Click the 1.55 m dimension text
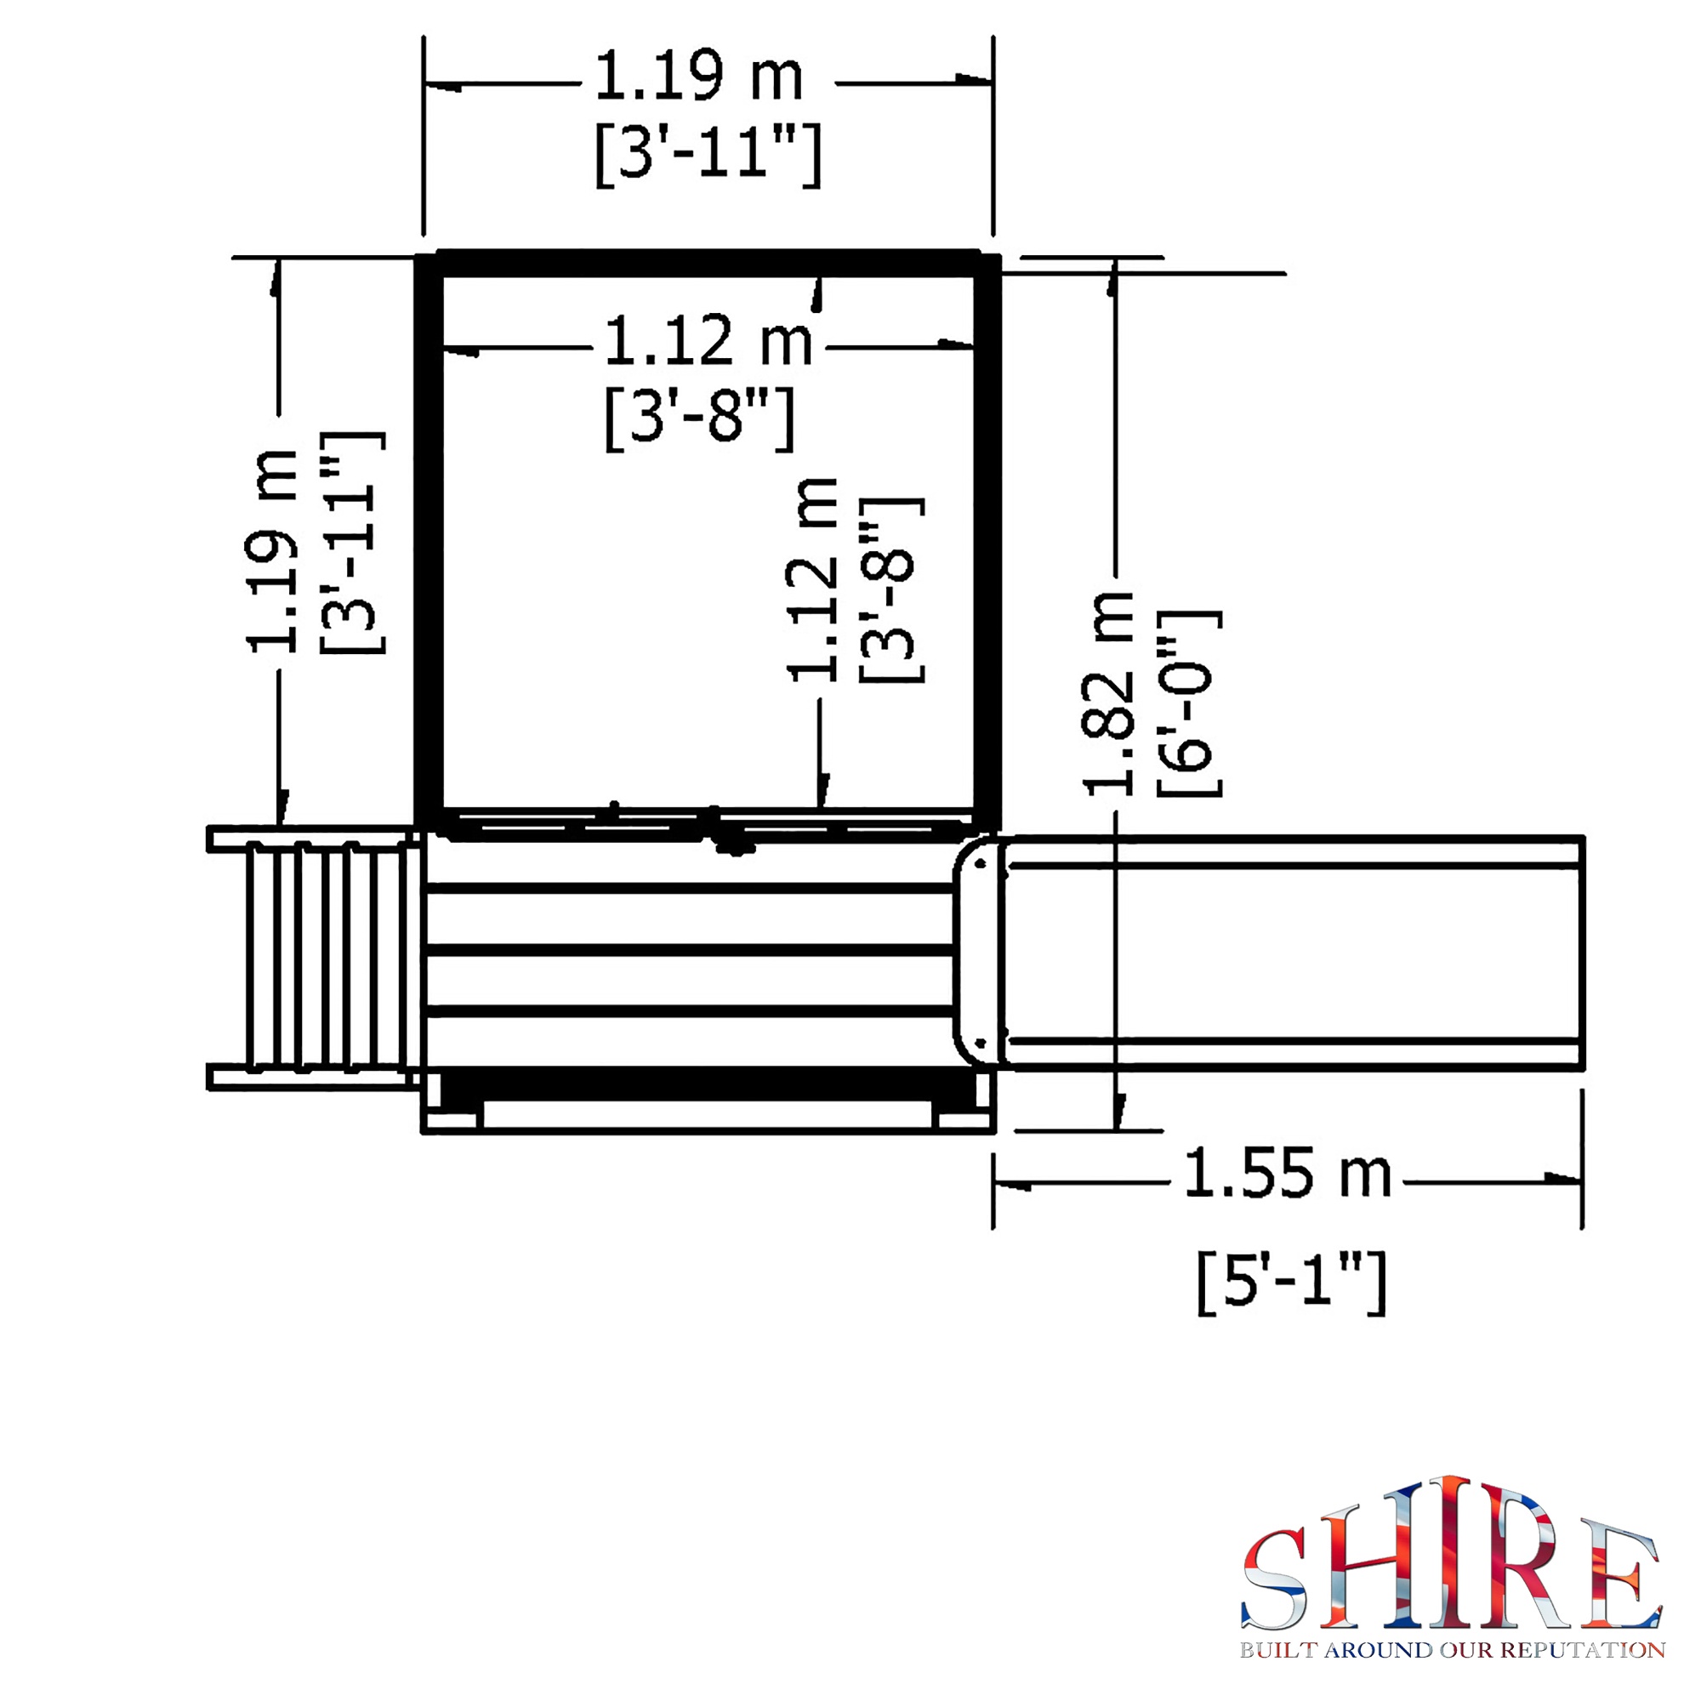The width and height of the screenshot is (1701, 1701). pyautogui.click(x=1286, y=1175)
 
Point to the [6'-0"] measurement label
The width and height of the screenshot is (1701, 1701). pyautogui.click(x=1189, y=703)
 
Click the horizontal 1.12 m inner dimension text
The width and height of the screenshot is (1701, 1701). pyautogui.click(x=707, y=341)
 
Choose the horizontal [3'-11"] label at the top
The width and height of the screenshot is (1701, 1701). pyautogui.click(x=708, y=154)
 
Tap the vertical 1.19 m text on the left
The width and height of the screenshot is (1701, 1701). pyautogui.click(x=271, y=552)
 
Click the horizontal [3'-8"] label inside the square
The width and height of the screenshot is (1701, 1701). pyautogui.click(x=700, y=418)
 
